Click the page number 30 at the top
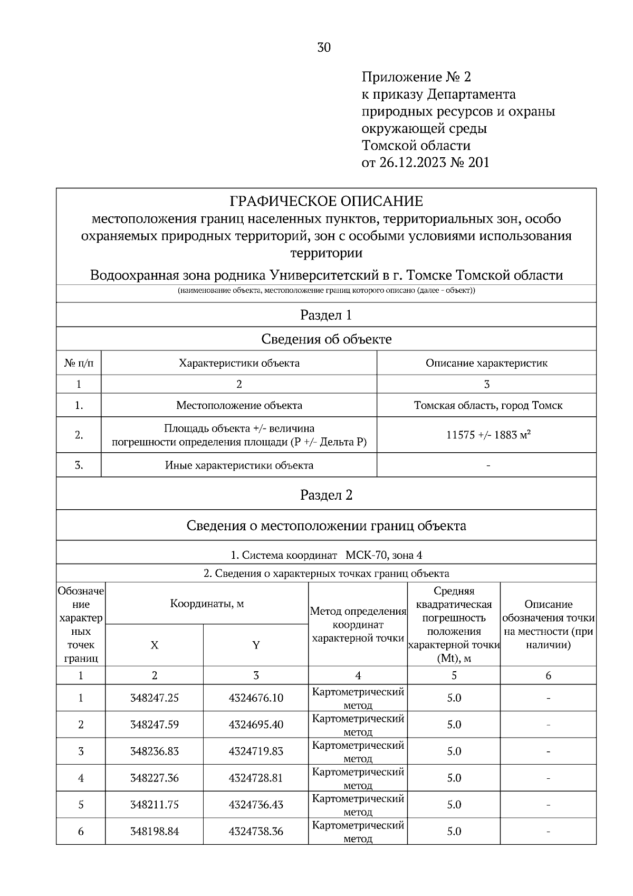324,48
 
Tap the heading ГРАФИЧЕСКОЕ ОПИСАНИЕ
326,202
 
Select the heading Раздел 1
326,315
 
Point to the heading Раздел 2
326,495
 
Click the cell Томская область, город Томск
488,406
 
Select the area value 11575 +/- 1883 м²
488,435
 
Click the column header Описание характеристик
486,363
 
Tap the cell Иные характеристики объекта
239,465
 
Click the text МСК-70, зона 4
384,555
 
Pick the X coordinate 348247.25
155,698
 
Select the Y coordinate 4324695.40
256,725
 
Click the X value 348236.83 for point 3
155,751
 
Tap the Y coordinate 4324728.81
256,778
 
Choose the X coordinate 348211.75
155,805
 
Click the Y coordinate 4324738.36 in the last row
256,832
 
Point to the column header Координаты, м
207,604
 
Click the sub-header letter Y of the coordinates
256,645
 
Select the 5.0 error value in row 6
454,832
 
